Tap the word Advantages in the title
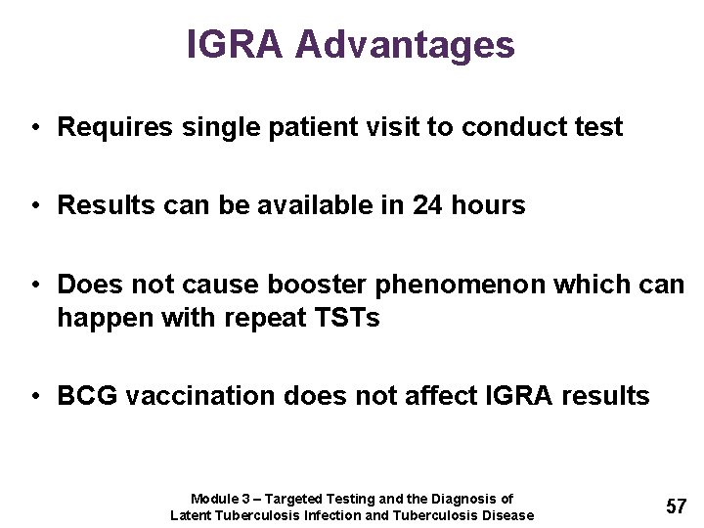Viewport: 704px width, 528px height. click(x=406, y=45)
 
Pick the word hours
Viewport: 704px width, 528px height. click(x=489, y=205)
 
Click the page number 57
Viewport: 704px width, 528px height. click(x=677, y=506)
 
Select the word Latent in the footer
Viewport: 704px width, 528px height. click(x=192, y=515)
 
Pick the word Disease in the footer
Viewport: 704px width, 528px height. click(x=508, y=515)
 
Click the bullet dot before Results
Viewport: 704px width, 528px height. click(x=34, y=206)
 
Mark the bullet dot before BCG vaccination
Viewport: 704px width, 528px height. click(x=34, y=397)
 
